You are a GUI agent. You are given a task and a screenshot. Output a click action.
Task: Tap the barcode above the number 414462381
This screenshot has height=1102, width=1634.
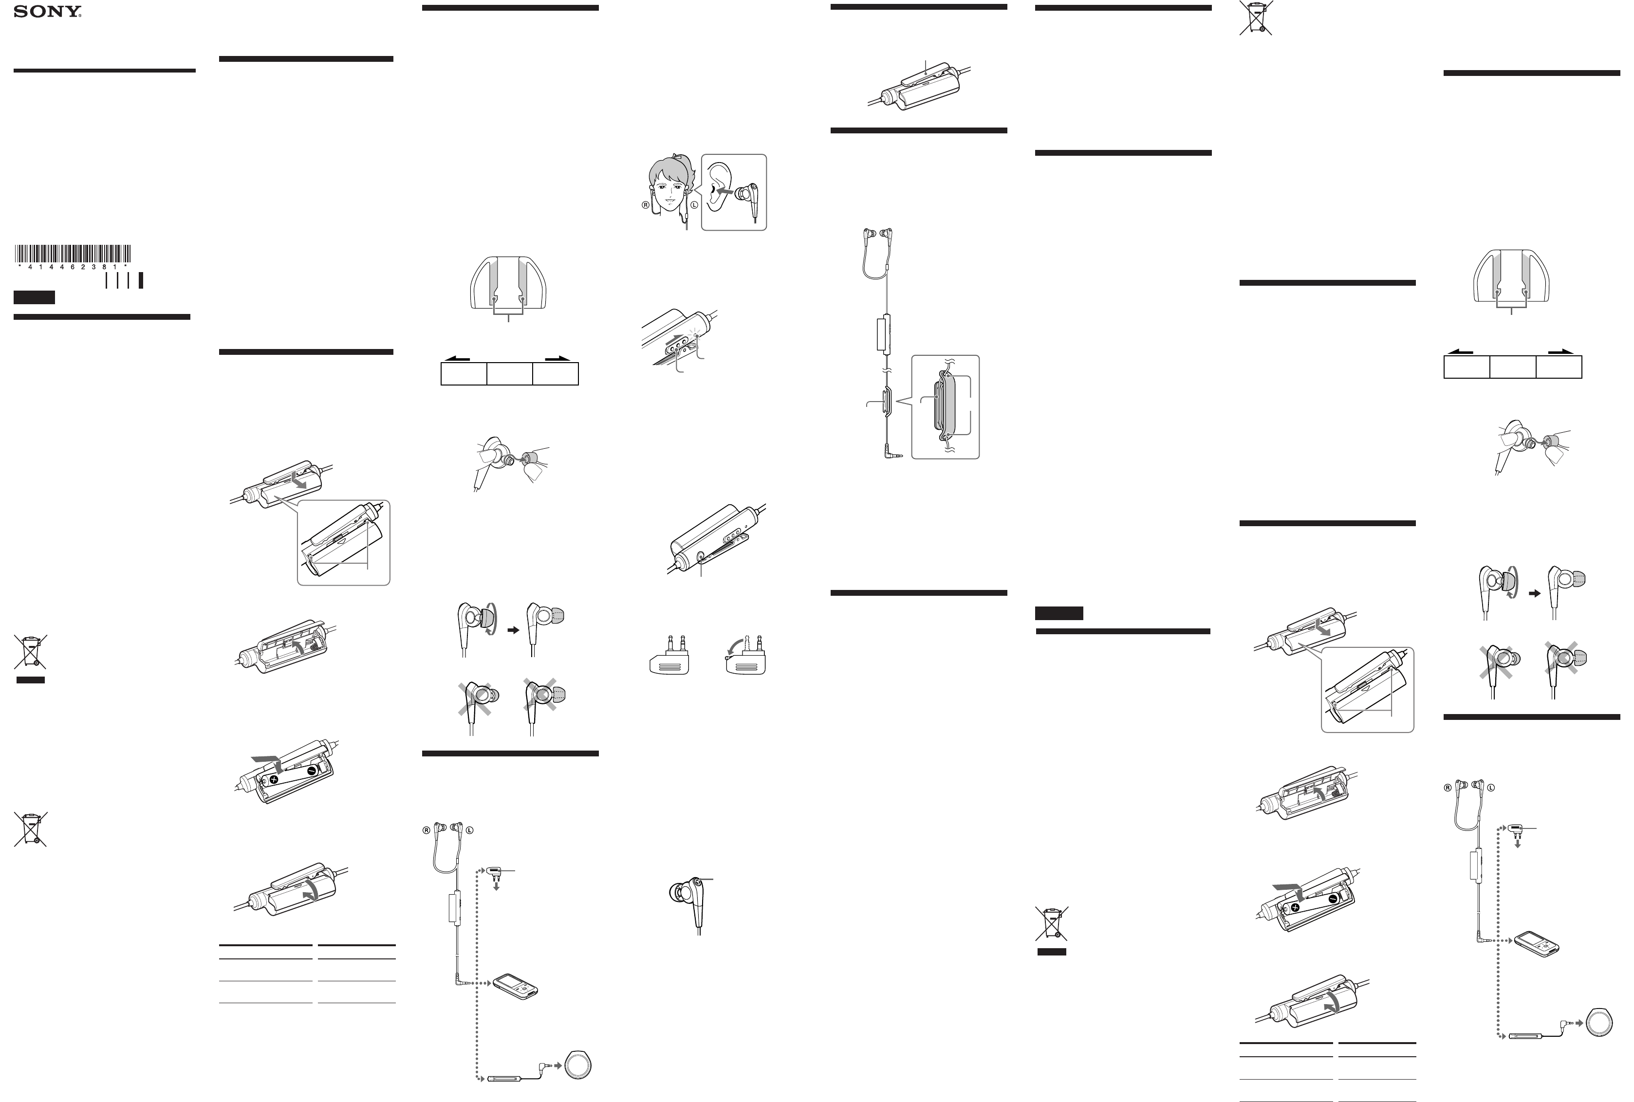pyautogui.click(x=73, y=253)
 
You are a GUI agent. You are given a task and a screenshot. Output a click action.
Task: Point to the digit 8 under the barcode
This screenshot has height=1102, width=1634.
pyautogui.click(x=103, y=267)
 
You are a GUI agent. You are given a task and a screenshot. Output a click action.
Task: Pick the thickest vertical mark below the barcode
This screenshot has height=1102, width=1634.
pyautogui.click(x=141, y=280)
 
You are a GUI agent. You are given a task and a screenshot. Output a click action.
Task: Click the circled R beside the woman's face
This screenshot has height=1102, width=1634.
pyautogui.click(x=645, y=205)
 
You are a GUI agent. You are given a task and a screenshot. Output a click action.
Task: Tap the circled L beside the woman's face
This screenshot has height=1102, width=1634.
pyautogui.click(x=694, y=205)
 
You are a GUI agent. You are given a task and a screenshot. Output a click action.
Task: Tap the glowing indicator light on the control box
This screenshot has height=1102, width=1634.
pyautogui.click(x=696, y=335)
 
